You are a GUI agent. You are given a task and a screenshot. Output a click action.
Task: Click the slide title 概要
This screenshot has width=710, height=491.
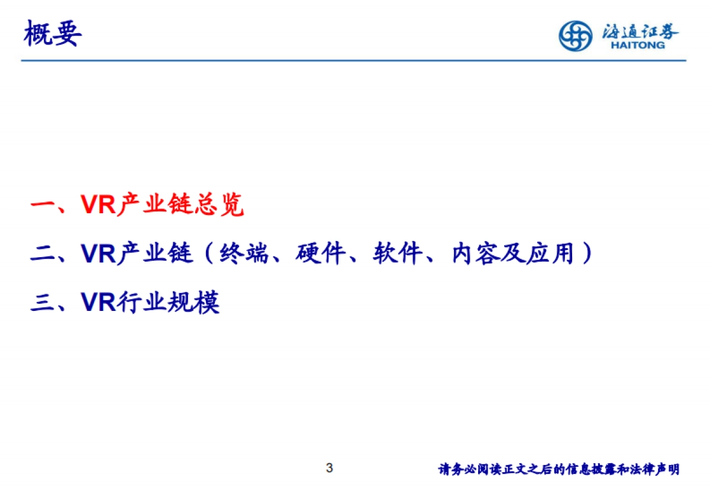[x=52, y=34]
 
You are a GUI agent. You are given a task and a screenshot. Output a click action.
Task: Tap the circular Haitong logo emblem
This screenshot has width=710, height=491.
[x=575, y=36]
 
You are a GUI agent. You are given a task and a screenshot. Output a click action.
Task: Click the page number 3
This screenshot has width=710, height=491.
[x=330, y=468]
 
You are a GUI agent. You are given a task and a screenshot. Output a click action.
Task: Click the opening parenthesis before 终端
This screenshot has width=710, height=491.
[x=208, y=254]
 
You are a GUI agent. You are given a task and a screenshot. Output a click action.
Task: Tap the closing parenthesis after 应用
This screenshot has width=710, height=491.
[x=586, y=254]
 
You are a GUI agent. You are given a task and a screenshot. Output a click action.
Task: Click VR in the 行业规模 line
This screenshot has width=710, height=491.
[x=98, y=302]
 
